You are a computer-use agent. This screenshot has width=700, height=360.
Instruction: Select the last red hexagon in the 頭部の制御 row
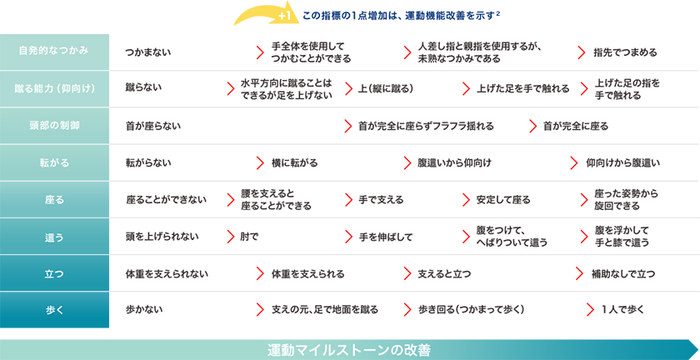coord(528,125)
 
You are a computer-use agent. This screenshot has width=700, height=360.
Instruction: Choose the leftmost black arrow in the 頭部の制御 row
coord(157,125)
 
